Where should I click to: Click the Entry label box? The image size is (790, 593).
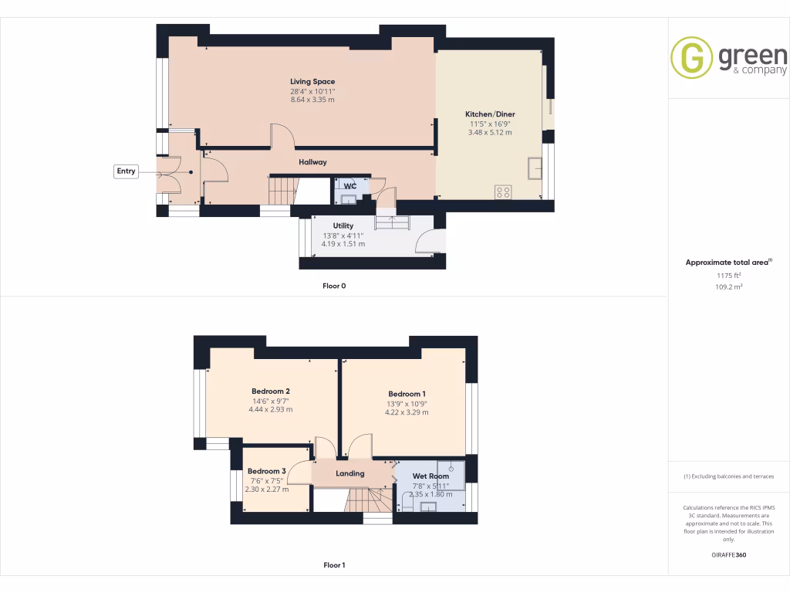click(126, 171)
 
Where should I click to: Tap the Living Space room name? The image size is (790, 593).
click(312, 81)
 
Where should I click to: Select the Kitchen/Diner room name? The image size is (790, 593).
click(490, 114)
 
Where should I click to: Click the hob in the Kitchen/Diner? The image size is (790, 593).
click(503, 191)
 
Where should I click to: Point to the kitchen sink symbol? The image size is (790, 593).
click(535, 168)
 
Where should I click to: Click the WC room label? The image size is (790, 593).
click(349, 186)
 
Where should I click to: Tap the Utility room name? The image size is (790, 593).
click(343, 225)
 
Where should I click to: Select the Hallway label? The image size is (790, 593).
click(312, 162)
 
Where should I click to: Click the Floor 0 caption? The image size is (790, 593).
click(334, 286)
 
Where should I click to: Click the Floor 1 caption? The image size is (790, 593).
click(334, 565)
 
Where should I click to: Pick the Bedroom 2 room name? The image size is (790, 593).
click(270, 391)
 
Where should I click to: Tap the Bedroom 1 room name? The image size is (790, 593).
click(407, 394)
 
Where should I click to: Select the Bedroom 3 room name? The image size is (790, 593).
click(267, 471)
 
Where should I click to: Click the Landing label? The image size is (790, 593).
click(349, 473)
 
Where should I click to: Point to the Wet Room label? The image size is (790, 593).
click(430, 476)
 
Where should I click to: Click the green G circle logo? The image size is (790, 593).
click(691, 58)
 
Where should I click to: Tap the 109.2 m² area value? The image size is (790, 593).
click(728, 286)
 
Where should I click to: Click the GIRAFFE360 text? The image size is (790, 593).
click(728, 554)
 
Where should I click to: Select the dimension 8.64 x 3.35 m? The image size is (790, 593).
click(312, 100)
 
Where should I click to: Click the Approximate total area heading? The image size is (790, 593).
click(728, 263)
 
